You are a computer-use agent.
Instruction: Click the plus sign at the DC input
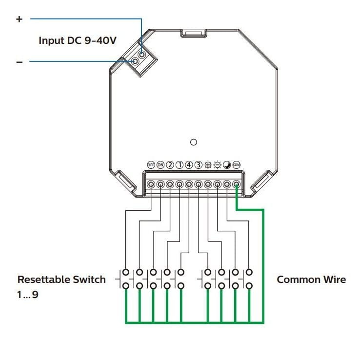pyautogui.click(x=20, y=19)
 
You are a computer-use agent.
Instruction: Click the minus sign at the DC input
pyautogui.click(x=20, y=62)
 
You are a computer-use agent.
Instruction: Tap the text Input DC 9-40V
pyautogui.click(x=78, y=40)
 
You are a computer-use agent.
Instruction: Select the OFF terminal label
pyautogui.click(x=151, y=164)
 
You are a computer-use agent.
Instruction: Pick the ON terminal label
pyautogui.click(x=160, y=164)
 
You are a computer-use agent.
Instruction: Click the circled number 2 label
pyautogui.click(x=170, y=164)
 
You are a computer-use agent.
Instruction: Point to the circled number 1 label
pyautogui.click(x=179, y=164)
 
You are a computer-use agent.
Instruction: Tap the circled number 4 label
pyautogui.click(x=189, y=164)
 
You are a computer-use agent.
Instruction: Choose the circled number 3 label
pyautogui.click(x=198, y=164)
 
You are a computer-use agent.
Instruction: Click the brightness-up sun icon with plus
pyautogui.click(x=208, y=164)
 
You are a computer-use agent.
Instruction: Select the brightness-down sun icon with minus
pyautogui.click(x=217, y=164)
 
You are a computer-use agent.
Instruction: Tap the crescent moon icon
pyautogui.click(x=227, y=164)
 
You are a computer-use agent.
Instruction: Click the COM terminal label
pyautogui.click(x=237, y=164)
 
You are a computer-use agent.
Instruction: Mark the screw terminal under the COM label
pyautogui.click(x=237, y=184)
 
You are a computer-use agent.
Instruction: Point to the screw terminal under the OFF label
pyautogui.click(x=151, y=184)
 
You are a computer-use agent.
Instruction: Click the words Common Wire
pyautogui.click(x=311, y=280)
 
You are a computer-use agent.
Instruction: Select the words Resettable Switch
pyautogui.click(x=61, y=280)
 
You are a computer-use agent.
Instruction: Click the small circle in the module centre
pyautogui.click(x=194, y=142)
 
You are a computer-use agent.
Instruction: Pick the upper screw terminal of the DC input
pyautogui.click(x=142, y=54)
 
